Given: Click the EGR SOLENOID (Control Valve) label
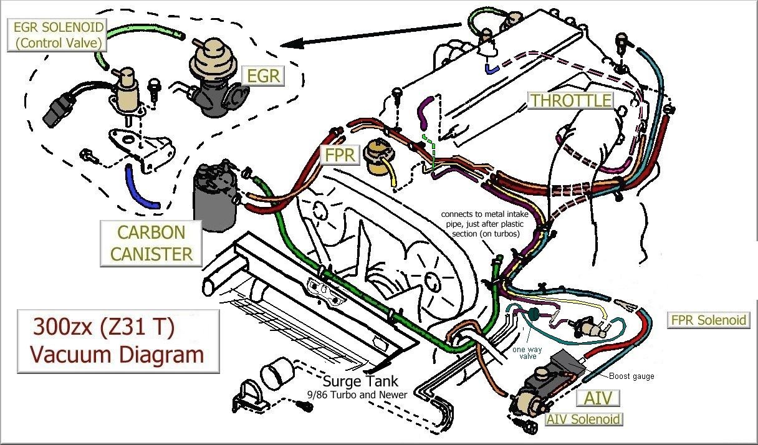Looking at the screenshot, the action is click(x=57, y=35).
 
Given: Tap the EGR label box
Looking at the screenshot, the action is click(x=263, y=75).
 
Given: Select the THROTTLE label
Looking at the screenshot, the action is click(x=570, y=100).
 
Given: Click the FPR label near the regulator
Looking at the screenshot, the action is click(x=339, y=155).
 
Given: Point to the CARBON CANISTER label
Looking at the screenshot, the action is click(x=151, y=243).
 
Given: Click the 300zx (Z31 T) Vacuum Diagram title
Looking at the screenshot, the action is click(x=118, y=342).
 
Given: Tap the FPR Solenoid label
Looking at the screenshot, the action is click(x=708, y=320).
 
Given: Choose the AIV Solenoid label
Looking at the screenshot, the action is click(x=583, y=419).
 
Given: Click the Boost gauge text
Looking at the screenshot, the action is click(x=631, y=376).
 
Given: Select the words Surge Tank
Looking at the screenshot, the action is click(x=360, y=381).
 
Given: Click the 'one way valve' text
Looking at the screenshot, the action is click(x=527, y=353).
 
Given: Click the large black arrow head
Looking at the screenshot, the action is click(x=292, y=44).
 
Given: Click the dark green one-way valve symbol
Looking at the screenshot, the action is click(x=534, y=313).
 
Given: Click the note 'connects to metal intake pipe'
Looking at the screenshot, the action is click(x=484, y=224).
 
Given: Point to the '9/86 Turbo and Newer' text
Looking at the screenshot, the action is click(x=357, y=395).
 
